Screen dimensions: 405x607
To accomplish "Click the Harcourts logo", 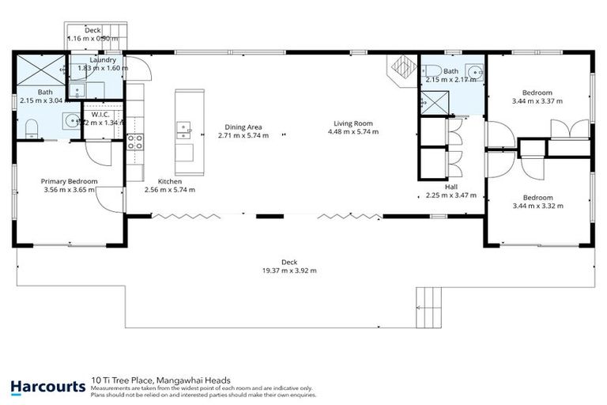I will point(47,387).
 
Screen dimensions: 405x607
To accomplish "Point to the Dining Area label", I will point(243,127).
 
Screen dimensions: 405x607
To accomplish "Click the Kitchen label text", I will point(169,181).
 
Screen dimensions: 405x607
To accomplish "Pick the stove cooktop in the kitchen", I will point(135,143).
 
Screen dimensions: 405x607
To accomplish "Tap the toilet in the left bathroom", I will point(31,127).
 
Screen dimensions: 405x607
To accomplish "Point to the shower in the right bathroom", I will point(432,101).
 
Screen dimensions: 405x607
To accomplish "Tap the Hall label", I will point(451,187).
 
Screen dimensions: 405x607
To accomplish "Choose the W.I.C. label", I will point(100,114).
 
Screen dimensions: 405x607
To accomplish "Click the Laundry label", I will point(104,59).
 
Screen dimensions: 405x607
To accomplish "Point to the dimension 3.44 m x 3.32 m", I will point(537,206).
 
